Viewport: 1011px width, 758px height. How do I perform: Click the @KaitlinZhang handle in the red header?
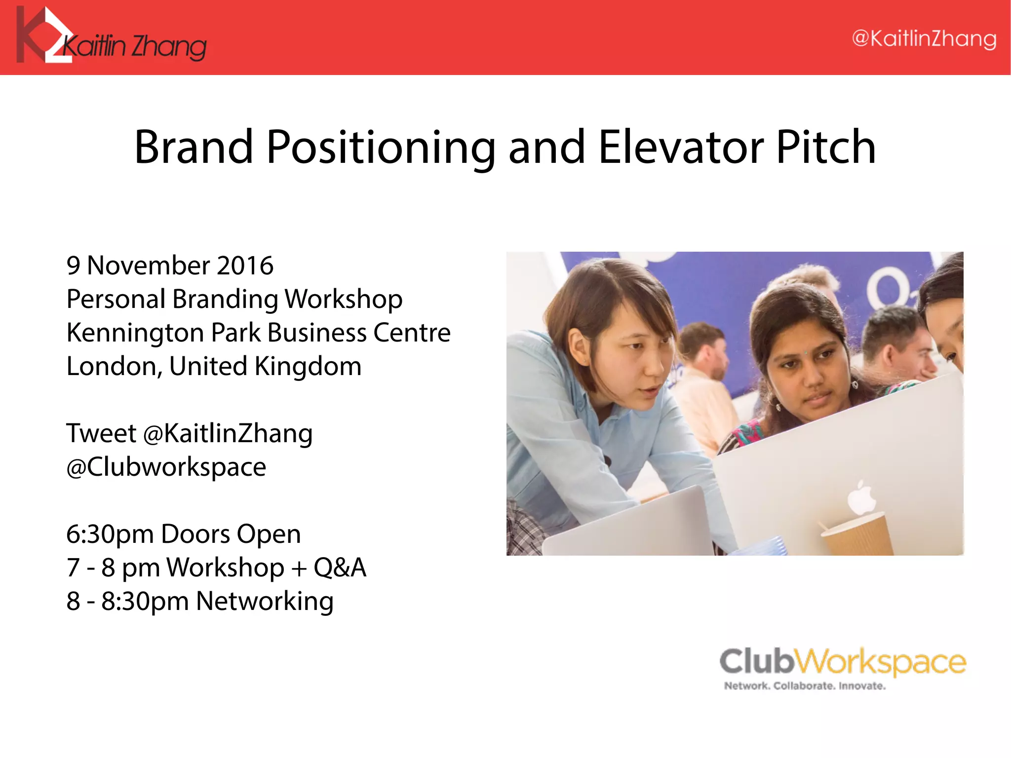click(x=924, y=39)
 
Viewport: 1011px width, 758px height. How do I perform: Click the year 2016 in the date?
click(x=245, y=265)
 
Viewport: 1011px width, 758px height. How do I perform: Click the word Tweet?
click(x=101, y=433)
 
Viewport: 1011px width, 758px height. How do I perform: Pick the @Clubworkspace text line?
click(x=166, y=467)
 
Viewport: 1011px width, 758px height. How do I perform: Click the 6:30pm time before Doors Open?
click(x=110, y=534)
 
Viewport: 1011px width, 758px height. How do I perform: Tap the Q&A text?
click(x=340, y=568)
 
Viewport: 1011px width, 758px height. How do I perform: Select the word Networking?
click(x=265, y=602)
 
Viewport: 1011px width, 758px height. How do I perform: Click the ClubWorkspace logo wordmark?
click(x=842, y=661)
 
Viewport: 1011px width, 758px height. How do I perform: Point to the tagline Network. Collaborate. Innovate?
click(x=805, y=686)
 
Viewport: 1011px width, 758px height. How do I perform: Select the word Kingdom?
click(x=308, y=367)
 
